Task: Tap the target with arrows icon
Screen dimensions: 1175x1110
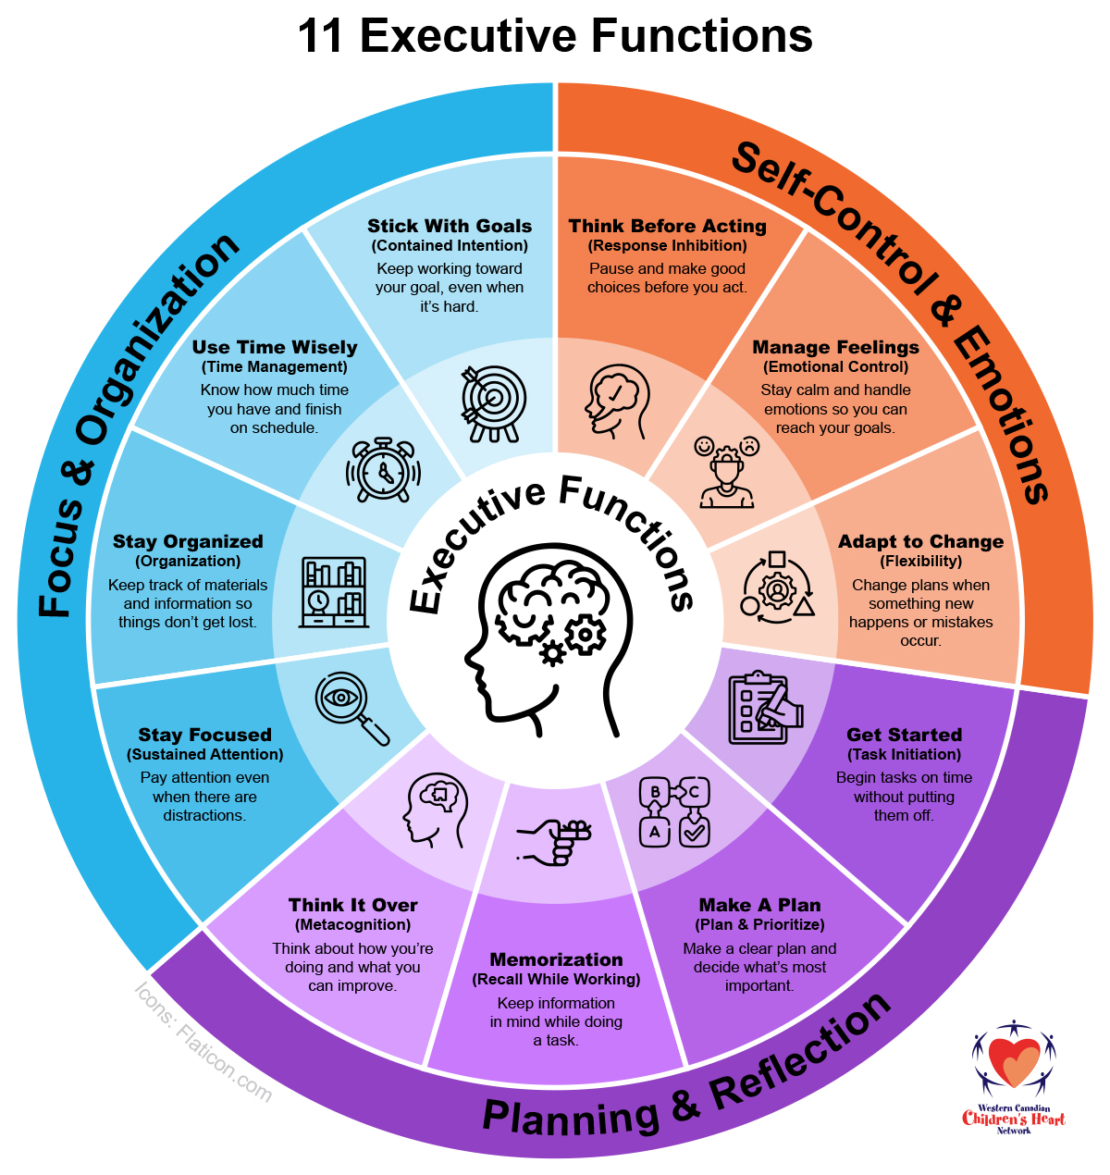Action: coord(493,402)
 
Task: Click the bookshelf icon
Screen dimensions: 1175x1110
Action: coord(334,592)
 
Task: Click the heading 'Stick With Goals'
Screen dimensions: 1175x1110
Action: coord(450,226)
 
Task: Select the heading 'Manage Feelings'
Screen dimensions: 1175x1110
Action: coord(835,347)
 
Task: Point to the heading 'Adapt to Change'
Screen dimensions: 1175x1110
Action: coord(920,541)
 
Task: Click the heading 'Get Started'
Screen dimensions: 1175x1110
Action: coord(904,735)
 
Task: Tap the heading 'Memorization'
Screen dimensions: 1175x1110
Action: coord(556,959)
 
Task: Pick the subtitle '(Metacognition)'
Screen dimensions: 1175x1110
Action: coord(352,924)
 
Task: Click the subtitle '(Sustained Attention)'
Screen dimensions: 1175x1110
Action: coord(204,754)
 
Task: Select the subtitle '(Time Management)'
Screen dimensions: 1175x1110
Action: coord(274,366)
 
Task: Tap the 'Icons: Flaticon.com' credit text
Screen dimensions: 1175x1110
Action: coord(203,1042)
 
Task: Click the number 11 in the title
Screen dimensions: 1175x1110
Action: coord(320,37)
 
